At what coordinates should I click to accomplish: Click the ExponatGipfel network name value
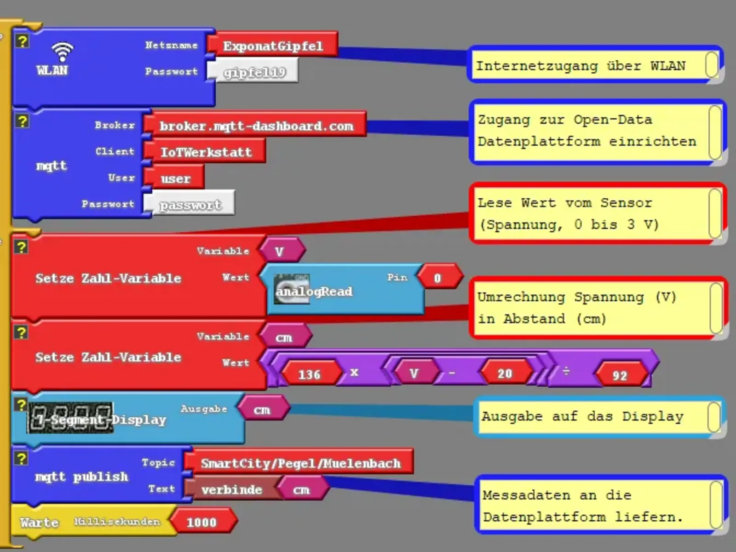point(273,46)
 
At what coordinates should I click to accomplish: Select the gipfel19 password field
point(254,72)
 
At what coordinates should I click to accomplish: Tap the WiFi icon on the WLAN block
point(62,52)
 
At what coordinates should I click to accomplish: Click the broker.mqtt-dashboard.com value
point(256,126)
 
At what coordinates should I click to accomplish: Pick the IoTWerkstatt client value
point(206,152)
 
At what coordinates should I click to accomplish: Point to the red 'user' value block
point(175,178)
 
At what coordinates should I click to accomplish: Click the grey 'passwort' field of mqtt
point(190,205)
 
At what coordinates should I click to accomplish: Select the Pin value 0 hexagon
point(437,278)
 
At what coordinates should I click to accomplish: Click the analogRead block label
point(314,291)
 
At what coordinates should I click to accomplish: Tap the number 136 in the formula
point(309,374)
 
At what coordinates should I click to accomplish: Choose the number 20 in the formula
point(505,374)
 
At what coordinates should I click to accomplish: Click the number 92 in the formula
point(620,375)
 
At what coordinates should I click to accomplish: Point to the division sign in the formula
point(566,371)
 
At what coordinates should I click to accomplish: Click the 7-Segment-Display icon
point(70,418)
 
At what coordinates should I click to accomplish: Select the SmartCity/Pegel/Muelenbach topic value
point(300,463)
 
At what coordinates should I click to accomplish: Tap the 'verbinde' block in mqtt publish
point(231,489)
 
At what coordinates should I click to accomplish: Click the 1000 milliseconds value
point(201,522)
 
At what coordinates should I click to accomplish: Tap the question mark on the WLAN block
point(22,41)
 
